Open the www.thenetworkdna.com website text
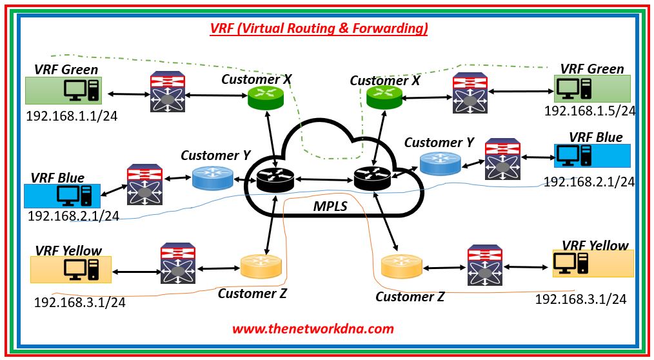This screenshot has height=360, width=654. click(313, 328)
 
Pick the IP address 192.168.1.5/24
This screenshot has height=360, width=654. click(590, 110)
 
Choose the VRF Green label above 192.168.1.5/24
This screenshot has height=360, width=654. click(592, 68)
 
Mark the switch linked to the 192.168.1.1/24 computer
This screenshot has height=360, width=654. click(167, 94)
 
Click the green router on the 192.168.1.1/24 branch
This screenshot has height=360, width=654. click(266, 97)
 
